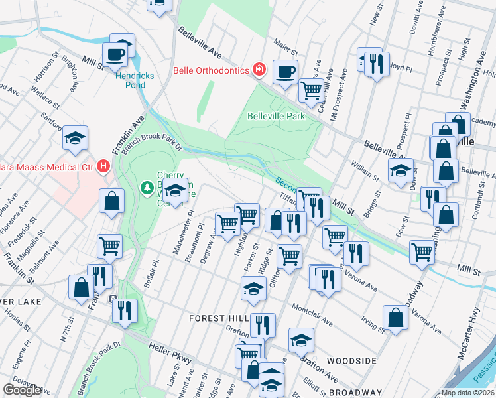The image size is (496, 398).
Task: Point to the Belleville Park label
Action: pos(276,116)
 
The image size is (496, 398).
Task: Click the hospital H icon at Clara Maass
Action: pos(103,166)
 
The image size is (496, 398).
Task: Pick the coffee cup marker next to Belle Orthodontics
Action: pos(285,72)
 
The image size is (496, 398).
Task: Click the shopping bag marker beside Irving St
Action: pos(396,317)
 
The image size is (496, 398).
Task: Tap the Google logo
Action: pos(23,390)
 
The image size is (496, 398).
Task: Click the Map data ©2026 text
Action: pos(467,393)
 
